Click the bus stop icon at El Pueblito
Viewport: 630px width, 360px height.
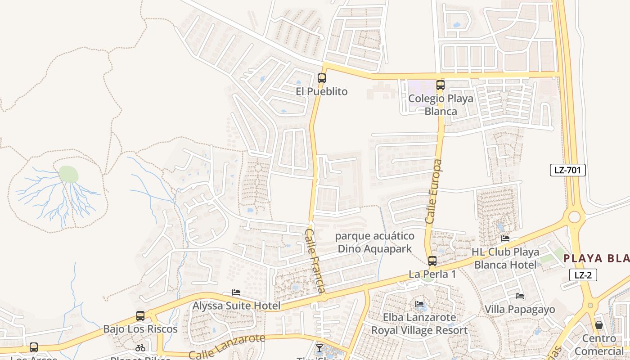[x=321, y=78]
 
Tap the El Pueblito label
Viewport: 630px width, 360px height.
[x=321, y=91]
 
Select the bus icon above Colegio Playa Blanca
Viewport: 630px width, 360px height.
[x=440, y=85]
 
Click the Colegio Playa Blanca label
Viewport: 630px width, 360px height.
[x=441, y=105]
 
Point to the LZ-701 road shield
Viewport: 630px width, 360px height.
[x=567, y=170]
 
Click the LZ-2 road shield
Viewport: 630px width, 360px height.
[x=583, y=275]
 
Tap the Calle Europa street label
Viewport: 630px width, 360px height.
[x=434, y=191]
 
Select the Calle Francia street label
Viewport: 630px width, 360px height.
[x=315, y=261]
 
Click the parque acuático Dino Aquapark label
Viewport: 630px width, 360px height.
[x=375, y=242]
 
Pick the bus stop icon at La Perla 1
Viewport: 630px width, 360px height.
[x=432, y=261]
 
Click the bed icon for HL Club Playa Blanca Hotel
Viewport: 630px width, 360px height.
[x=505, y=238]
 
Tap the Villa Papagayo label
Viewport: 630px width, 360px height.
[x=520, y=310]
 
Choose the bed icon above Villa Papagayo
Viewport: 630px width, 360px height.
[x=520, y=296]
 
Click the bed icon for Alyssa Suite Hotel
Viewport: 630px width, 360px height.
[x=236, y=293]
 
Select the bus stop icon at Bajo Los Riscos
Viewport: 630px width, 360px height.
[x=140, y=315]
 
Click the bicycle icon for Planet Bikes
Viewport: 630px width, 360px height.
[x=140, y=347]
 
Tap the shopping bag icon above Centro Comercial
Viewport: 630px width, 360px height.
[x=598, y=324]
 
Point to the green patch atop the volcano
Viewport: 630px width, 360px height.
[x=68, y=174]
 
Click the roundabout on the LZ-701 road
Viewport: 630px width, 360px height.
[x=574, y=217]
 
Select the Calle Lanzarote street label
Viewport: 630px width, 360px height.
[x=227, y=346]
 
